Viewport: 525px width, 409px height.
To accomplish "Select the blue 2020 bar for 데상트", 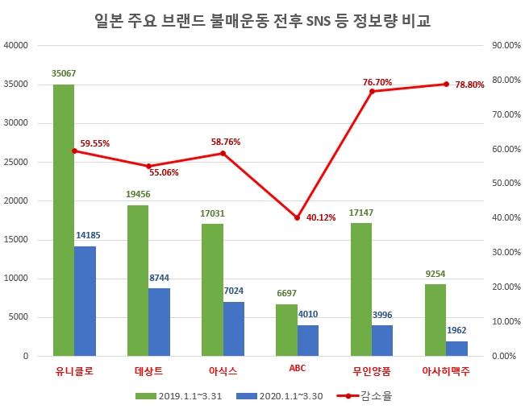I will (x=159, y=322).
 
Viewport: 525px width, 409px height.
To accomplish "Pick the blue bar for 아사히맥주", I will (x=456, y=348).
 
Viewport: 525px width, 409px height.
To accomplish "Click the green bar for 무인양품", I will (x=361, y=289).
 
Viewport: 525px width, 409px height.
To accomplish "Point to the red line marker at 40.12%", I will (x=297, y=217).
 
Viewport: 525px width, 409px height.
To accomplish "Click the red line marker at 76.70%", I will (x=372, y=91).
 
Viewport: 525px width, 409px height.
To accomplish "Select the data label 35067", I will (x=63, y=73).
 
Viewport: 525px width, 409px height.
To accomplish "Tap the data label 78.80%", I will (x=469, y=85).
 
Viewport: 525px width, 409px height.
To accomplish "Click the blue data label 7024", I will (x=233, y=291).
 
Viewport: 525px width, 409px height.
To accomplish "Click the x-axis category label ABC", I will (x=297, y=371).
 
